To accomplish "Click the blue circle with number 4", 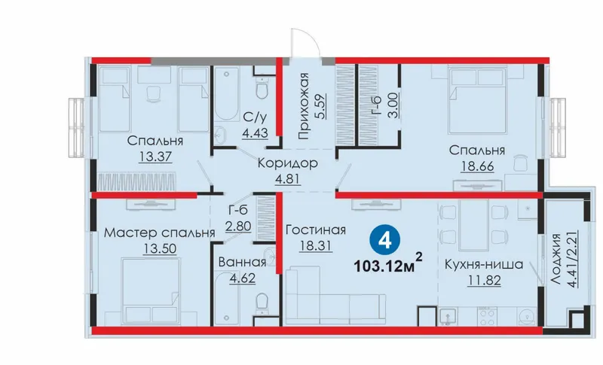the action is coord(385,240).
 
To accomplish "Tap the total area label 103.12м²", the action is coord(387,264).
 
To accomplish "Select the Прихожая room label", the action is coord(304,105).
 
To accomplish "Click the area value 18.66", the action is coord(477,166).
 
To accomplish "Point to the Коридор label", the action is coord(288,163).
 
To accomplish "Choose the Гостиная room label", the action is coord(316,230).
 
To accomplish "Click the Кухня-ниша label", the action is coord(484,264).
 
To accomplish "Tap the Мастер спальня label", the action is coord(159,233).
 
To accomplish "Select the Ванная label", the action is coord(242,262).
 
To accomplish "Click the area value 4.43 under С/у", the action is coord(255,132).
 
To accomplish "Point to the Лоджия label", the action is coord(555,258).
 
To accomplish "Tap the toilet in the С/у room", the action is coord(262,88).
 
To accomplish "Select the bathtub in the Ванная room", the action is coord(227,298).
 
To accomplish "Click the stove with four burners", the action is coord(488,317).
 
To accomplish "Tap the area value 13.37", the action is coord(155,157).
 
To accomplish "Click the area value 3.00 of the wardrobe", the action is coord(393,105).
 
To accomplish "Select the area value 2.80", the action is coord(238,226).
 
